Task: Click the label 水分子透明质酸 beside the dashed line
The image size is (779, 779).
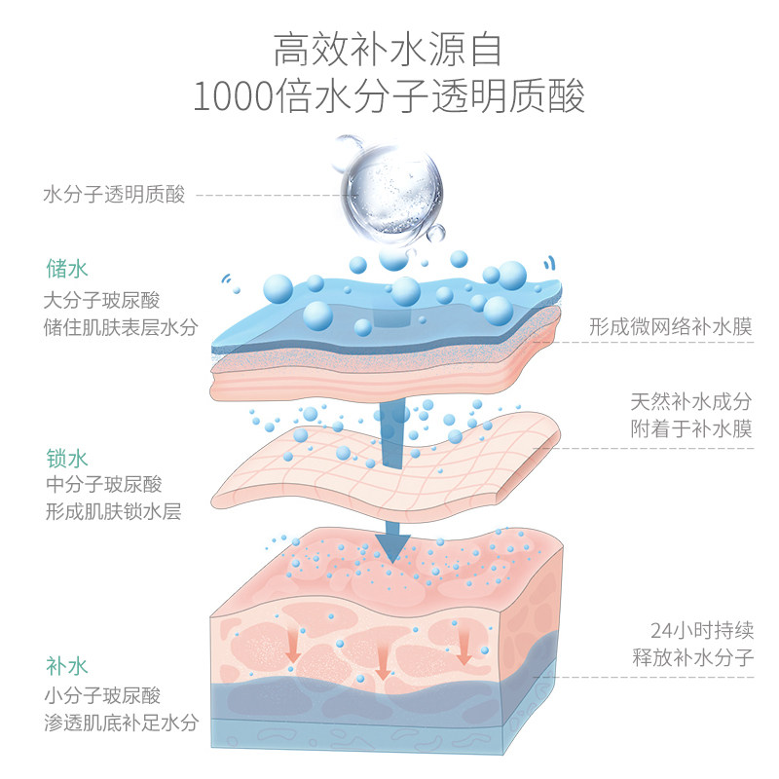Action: point(114,194)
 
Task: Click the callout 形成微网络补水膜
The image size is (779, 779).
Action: point(671,326)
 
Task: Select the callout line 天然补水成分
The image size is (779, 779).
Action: point(690,401)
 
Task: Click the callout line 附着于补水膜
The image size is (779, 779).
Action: point(690,428)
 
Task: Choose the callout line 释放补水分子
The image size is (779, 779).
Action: point(690,656)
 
